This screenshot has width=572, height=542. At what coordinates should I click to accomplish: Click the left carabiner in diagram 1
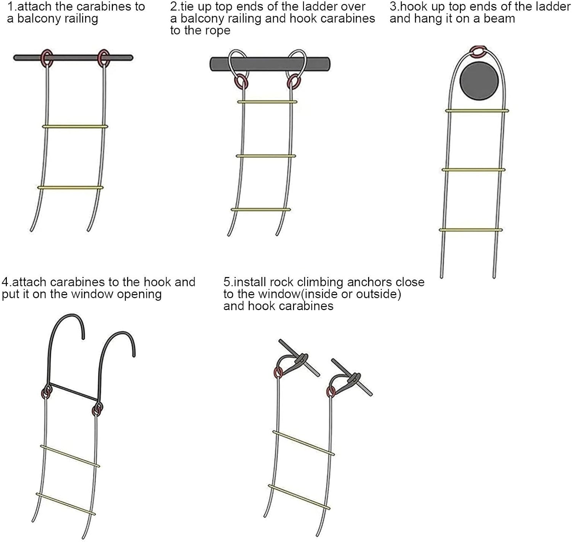point(47,58)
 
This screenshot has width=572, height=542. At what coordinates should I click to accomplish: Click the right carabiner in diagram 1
point(104,58)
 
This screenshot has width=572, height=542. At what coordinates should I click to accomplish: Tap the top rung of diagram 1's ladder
point(75,126)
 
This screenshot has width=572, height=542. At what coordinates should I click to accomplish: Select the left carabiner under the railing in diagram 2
point(241,81)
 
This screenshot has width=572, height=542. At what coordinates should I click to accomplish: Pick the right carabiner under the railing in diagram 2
point(293,81)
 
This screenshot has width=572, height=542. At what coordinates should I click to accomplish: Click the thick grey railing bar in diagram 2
point(269,64)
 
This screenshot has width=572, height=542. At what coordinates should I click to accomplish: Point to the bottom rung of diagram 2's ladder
point(260,210)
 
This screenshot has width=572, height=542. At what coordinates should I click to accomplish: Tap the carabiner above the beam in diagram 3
point(478,50)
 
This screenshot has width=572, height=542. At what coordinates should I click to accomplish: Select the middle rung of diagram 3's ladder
point(473,170)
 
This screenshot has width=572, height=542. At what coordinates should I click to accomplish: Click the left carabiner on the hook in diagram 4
point(47,392)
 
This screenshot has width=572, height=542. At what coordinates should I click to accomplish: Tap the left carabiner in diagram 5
point(278,372)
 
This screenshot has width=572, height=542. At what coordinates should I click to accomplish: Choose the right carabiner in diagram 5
point(331,392)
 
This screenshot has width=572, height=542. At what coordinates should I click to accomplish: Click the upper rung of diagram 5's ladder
point(304,443)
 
